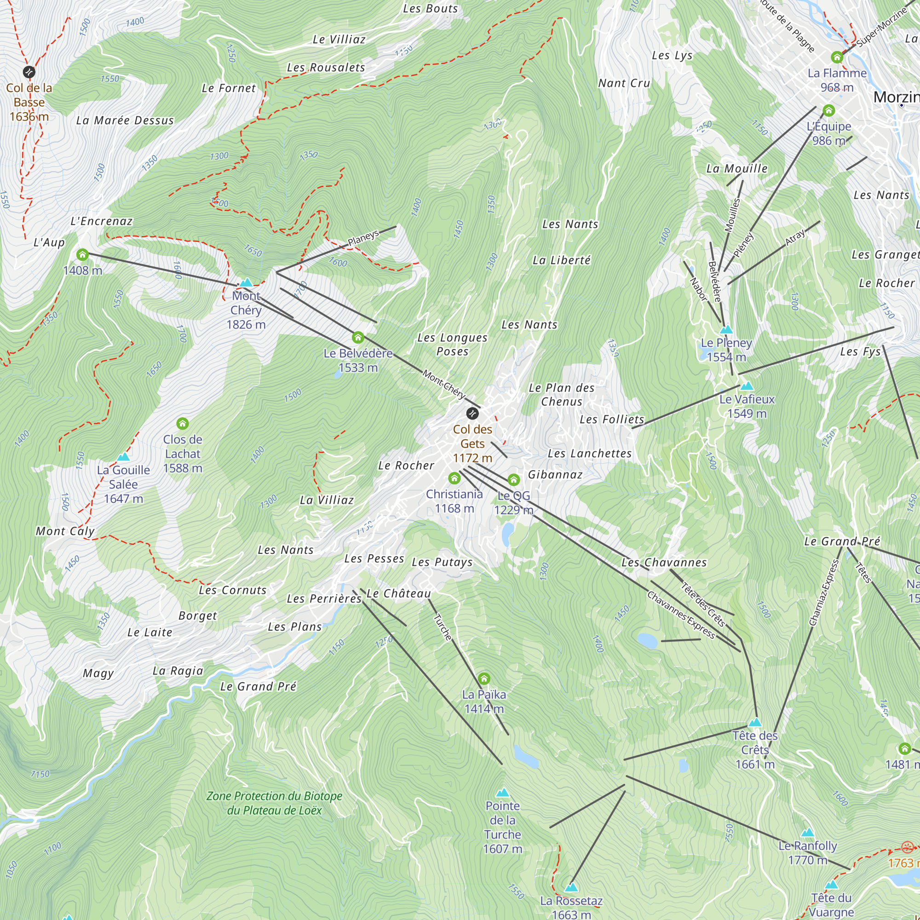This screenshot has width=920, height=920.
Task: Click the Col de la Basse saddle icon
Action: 29,72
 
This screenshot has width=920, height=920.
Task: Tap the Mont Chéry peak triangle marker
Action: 246,283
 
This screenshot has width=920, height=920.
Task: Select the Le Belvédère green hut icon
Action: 358,338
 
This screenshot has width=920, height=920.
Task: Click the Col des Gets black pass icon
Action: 472,413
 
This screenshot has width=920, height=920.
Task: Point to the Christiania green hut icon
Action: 454,477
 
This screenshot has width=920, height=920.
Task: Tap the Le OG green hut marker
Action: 513,479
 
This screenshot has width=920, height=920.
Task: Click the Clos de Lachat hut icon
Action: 182,423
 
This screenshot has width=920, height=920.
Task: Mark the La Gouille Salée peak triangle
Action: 123,457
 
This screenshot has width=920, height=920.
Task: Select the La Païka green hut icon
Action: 484,678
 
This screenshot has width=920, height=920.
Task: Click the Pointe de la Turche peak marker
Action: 502,793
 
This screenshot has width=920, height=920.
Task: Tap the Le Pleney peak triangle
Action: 726,329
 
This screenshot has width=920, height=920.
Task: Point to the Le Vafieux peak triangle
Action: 747,386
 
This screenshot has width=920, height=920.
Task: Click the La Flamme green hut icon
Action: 837,57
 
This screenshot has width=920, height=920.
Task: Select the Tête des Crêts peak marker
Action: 755,722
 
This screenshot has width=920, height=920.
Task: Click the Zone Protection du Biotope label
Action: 274,803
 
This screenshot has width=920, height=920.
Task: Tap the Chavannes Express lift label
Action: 680,614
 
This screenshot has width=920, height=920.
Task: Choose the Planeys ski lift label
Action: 363,238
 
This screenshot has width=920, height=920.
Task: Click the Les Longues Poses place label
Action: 452,344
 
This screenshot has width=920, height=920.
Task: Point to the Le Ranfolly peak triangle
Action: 807,833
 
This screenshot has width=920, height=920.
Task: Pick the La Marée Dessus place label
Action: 125,121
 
